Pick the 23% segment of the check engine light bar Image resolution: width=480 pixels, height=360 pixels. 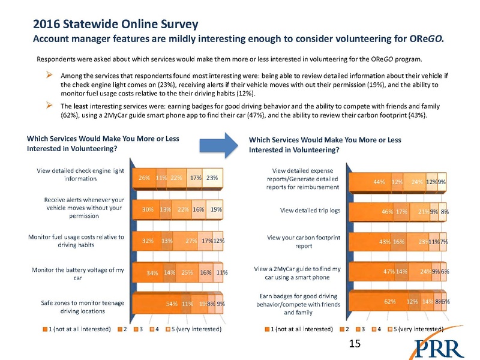click(212, 178)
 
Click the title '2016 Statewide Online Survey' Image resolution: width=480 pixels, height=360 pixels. click(116, 26)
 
